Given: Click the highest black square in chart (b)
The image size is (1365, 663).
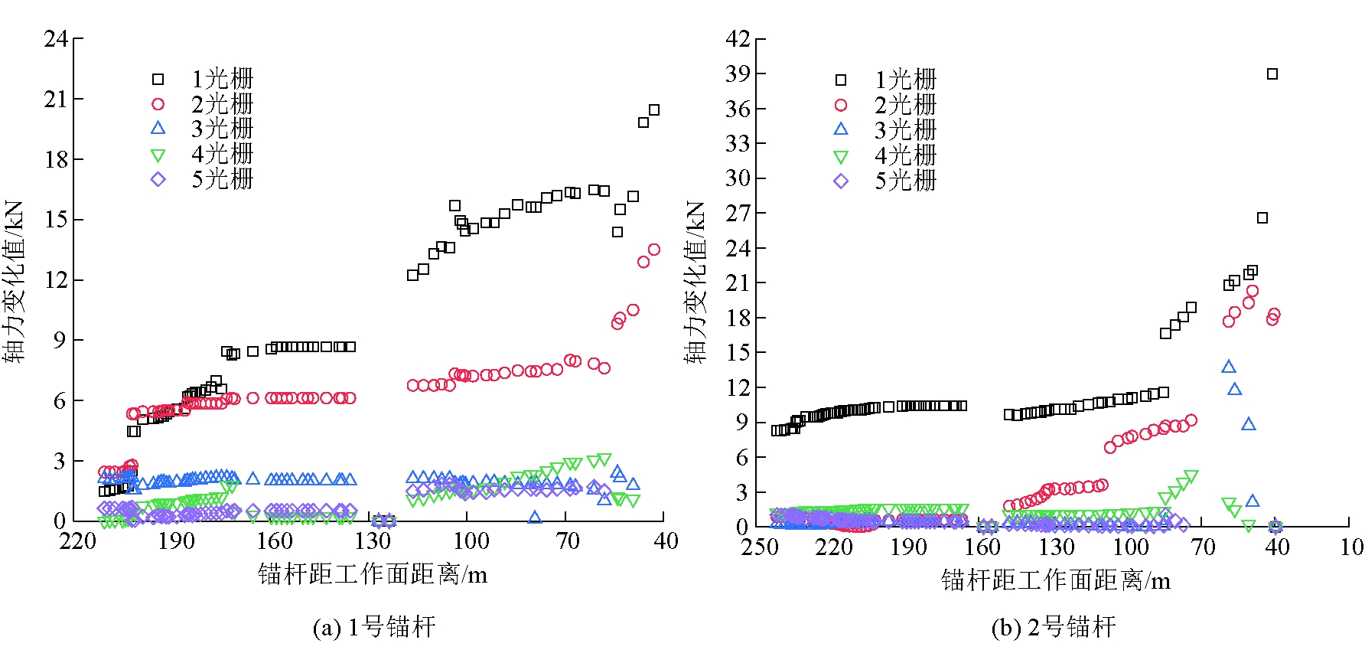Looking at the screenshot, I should coord(1272,74).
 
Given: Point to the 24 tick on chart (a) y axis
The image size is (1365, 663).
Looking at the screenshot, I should coord(56,38).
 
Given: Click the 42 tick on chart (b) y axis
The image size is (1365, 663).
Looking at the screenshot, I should coord(738,38).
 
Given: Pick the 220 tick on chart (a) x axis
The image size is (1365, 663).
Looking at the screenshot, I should coord(77,541).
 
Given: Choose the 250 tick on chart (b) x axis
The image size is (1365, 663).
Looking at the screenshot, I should coord(759,547).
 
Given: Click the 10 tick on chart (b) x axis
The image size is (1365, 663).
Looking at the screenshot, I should coord(1351,547).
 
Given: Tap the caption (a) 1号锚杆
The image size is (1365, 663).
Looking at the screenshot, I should coord(374,628).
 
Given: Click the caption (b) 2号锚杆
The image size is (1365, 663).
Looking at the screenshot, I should coord(1054,628).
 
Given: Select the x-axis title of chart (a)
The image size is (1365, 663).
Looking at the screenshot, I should coord(373,574).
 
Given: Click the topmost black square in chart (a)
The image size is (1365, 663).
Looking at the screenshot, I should coord(654,110).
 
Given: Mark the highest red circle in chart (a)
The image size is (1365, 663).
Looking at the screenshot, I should coord(654,250).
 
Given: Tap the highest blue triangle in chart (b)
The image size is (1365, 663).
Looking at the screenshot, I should coord(1229,367).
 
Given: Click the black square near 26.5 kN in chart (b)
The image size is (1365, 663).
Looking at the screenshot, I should coord(1262,218).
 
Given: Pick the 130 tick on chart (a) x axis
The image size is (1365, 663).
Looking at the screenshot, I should coord(373,541).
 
